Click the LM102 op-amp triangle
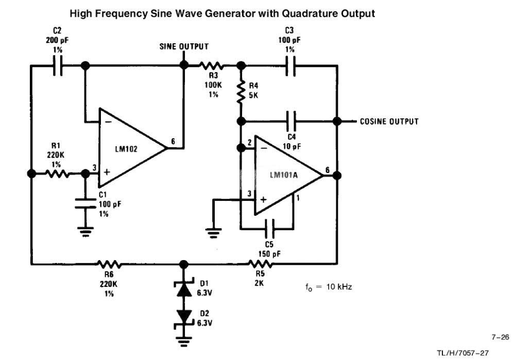(x=131, y=148)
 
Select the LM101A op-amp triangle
(x=288, y=175)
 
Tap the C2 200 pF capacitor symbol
(x=58, y=66)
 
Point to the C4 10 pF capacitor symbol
(x=291, y=121)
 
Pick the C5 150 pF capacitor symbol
(x=270, y=229)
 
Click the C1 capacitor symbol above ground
(x=85, y=203)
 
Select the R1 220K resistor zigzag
(x=58, y=174)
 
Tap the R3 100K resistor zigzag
(x=212, y=66)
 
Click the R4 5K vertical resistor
(x=241, y=92)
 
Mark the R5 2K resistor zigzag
(x=260, y=263)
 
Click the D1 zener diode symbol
(x=184, y=288)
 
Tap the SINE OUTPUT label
(x=184, y=47)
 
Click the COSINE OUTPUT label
(x=389, y=122)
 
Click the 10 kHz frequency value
(x=339, y=287)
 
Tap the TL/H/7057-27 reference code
(x=463, y=353)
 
